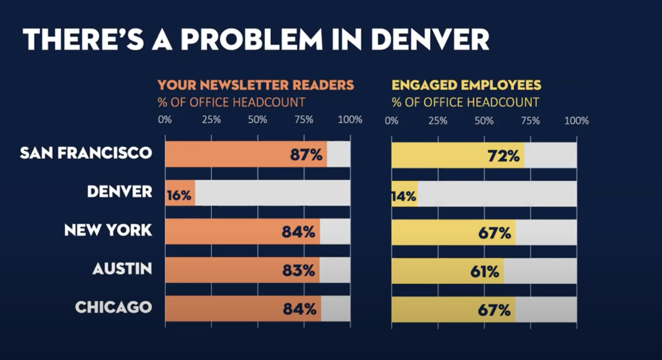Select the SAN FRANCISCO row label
click(x=86, y=153)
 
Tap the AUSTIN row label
click(x=122, y=269)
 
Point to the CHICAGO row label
click(x=114, y=307)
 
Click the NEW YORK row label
click(x=108, y=230)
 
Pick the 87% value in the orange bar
click(x=306, y=155)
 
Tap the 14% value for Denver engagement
click(x=404, y=196)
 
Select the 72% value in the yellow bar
click(x=503, y=156)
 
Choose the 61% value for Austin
click(x=485, y=272)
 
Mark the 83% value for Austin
click(x=299, y=271)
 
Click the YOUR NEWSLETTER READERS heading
click(x=255, y=85)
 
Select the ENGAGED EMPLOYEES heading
click(x=466, y=85)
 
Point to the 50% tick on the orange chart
click(x=258, y=120)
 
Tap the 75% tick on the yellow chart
click(x=530, y=121)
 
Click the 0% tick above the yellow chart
click(x=391, y=121)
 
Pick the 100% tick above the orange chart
click(x=350, y=120)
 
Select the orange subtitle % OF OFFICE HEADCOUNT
click(x=231, y=102)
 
